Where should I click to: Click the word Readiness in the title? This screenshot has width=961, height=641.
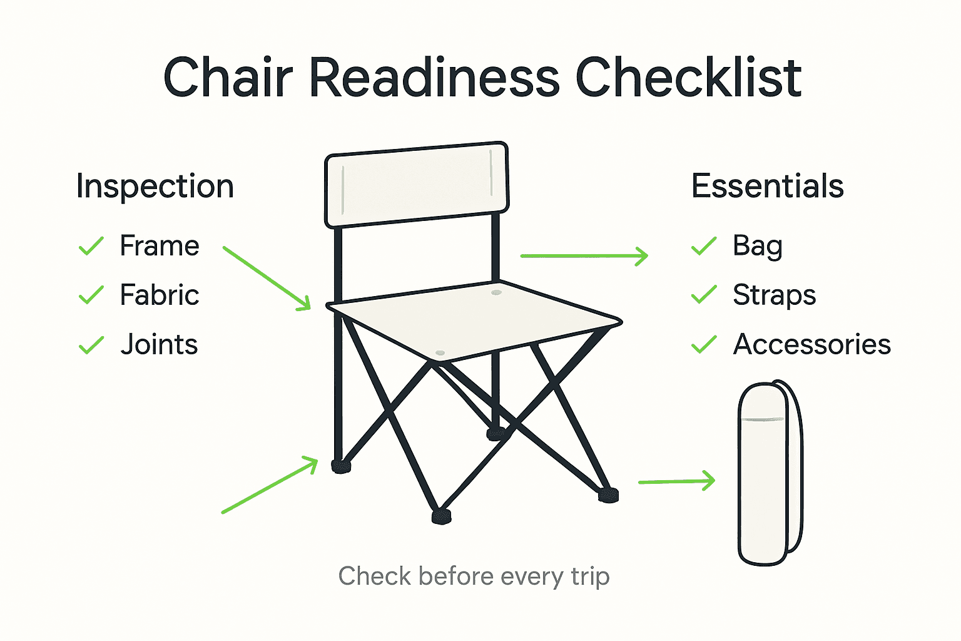(x=434, y=78)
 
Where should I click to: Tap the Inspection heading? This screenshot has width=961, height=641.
(x=155, y=186)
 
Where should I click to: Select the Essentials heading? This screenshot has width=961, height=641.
(x=767, y=186)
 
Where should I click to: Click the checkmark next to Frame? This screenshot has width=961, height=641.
(x=91, y=246)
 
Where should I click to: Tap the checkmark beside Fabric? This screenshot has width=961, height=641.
(x=91, y=295)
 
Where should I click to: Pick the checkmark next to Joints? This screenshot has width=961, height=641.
(x=91, y=344)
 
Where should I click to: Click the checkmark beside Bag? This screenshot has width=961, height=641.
(x=704, y=246)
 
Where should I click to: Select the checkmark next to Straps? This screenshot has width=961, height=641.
(x=704, y=295)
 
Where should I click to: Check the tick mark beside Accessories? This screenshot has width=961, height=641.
(x=704, y=344)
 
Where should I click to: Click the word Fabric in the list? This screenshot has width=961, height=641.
(x=160, y=295)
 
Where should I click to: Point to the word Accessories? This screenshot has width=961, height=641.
(x=811, y=344)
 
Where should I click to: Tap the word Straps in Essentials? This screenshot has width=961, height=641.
(x=774, y=295)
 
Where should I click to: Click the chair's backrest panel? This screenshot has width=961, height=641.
(x=417, y=184)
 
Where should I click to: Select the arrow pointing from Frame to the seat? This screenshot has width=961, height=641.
(x=267, y=278)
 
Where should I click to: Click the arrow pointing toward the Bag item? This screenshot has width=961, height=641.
(x=584, y=256)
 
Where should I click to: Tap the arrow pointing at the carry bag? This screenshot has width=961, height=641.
(x=676, y=481)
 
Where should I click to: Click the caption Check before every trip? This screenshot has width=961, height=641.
(x=474, y=576)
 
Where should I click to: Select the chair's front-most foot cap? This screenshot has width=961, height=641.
(x=441, y=516)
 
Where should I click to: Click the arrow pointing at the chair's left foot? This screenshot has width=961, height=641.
(x=270, y=485)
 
